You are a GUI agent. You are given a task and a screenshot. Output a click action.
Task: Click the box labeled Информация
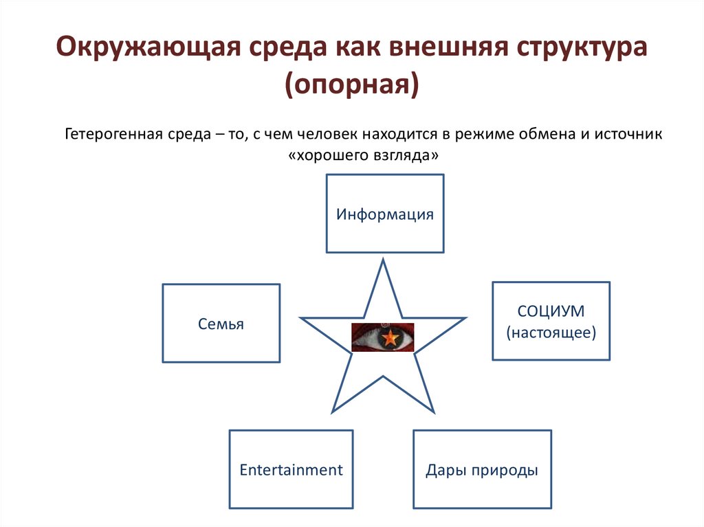pos(385,213)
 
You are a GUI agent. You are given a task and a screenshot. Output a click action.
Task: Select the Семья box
pos(221,323)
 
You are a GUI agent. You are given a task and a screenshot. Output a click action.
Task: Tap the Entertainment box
pos(291,469)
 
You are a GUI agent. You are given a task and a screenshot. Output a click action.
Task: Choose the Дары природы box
pos(481,469)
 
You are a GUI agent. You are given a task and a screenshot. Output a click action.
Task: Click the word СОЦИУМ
pos(551,311)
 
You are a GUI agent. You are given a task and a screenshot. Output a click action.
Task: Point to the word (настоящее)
pos(551,333)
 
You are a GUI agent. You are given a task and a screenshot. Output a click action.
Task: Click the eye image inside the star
pos(383,337)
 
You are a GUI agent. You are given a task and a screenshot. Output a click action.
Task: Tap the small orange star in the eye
pos(390,337)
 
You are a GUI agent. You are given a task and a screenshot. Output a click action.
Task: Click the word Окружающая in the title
pos(137,50)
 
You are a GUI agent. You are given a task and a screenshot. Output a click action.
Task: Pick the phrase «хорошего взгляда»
pos(364,155)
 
